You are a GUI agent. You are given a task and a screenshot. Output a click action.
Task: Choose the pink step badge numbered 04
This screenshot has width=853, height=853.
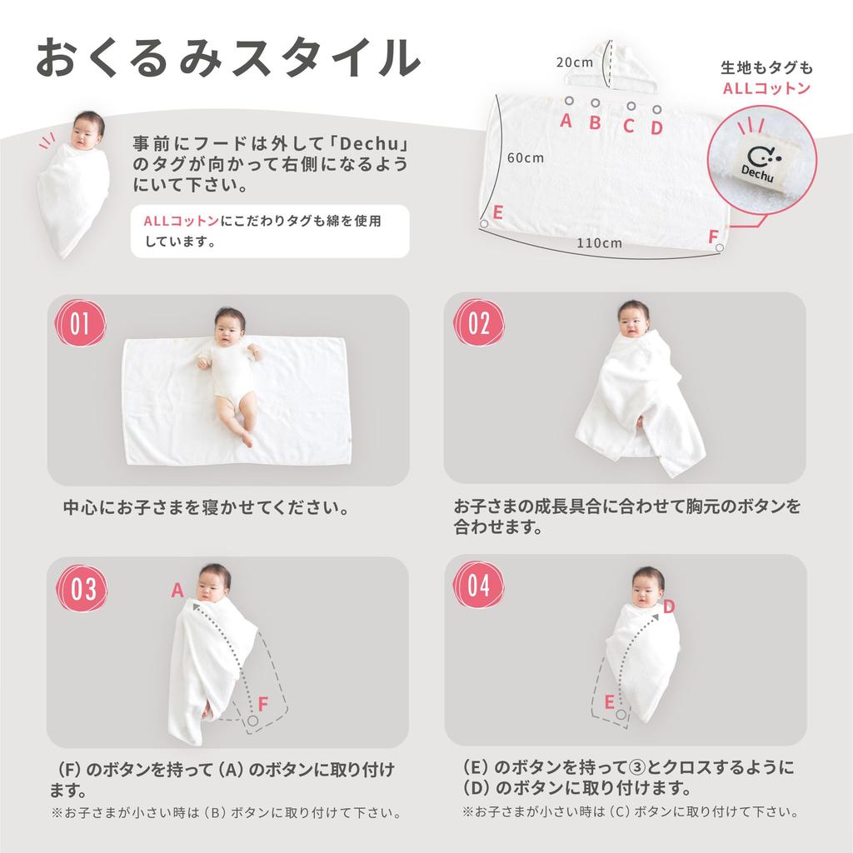pyautogui.click(x=479, y=586)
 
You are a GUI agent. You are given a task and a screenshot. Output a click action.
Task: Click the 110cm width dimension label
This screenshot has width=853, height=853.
pyautogui.click(x=599, y=243)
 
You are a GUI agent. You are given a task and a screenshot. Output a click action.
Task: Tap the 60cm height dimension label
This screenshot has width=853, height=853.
pyautogui.click(x=525, y=157)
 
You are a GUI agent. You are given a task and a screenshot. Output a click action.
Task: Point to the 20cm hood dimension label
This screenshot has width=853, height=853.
pyautogui.click(x=574, y=62)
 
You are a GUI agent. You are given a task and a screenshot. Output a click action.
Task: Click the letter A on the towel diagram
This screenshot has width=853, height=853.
pyautogui.click(x=566, y=121)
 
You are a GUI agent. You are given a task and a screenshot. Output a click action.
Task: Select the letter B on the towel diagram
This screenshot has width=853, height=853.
pyautogui.click(x=595, y=123)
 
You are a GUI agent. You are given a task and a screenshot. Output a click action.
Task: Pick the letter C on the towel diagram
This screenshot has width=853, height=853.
pyautogui.click(x=629, y=127)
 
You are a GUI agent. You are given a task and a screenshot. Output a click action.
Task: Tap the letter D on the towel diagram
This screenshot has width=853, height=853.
pyautogui.click(x=656, y=127)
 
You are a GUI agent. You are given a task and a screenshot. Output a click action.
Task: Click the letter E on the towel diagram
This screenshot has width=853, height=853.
pyautogui.click(x=497, y=212)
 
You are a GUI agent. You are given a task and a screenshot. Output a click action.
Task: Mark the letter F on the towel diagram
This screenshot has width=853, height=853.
pyautogui.click(x=713, y=237)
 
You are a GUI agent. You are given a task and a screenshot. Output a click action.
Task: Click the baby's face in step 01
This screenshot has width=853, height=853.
pyautogui.click(x=230, y=327)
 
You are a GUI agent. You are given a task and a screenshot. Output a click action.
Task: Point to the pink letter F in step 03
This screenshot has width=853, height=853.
pyautogui.click(x=262, y=704)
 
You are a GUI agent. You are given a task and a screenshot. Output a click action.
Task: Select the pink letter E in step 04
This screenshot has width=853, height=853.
pyautogui.click(x=609, y=702)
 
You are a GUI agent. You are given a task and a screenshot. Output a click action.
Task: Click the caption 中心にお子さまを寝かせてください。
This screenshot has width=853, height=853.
pyautogui.click(x=206, y=507)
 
